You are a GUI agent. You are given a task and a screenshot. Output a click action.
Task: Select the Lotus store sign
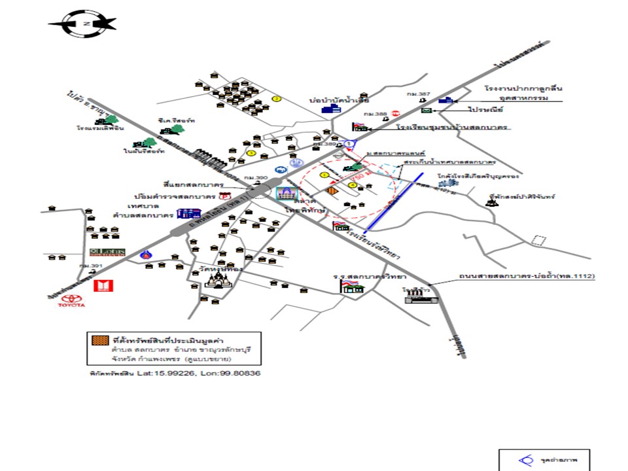point(101,253)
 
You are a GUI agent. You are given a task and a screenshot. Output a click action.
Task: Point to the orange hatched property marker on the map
point(332,191)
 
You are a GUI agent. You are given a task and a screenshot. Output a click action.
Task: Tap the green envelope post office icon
point(427,112)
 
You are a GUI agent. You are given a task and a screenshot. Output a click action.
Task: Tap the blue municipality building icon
point(188,213)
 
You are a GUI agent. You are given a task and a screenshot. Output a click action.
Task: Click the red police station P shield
point(226,196)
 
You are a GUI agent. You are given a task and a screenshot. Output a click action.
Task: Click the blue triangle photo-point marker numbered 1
point(350,144)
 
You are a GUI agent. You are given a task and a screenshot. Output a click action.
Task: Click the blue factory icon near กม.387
point(446,100)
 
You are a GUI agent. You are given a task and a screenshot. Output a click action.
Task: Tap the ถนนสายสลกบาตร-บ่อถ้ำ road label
point(527,277)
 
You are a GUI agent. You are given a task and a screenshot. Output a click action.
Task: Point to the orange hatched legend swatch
point(99,340)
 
